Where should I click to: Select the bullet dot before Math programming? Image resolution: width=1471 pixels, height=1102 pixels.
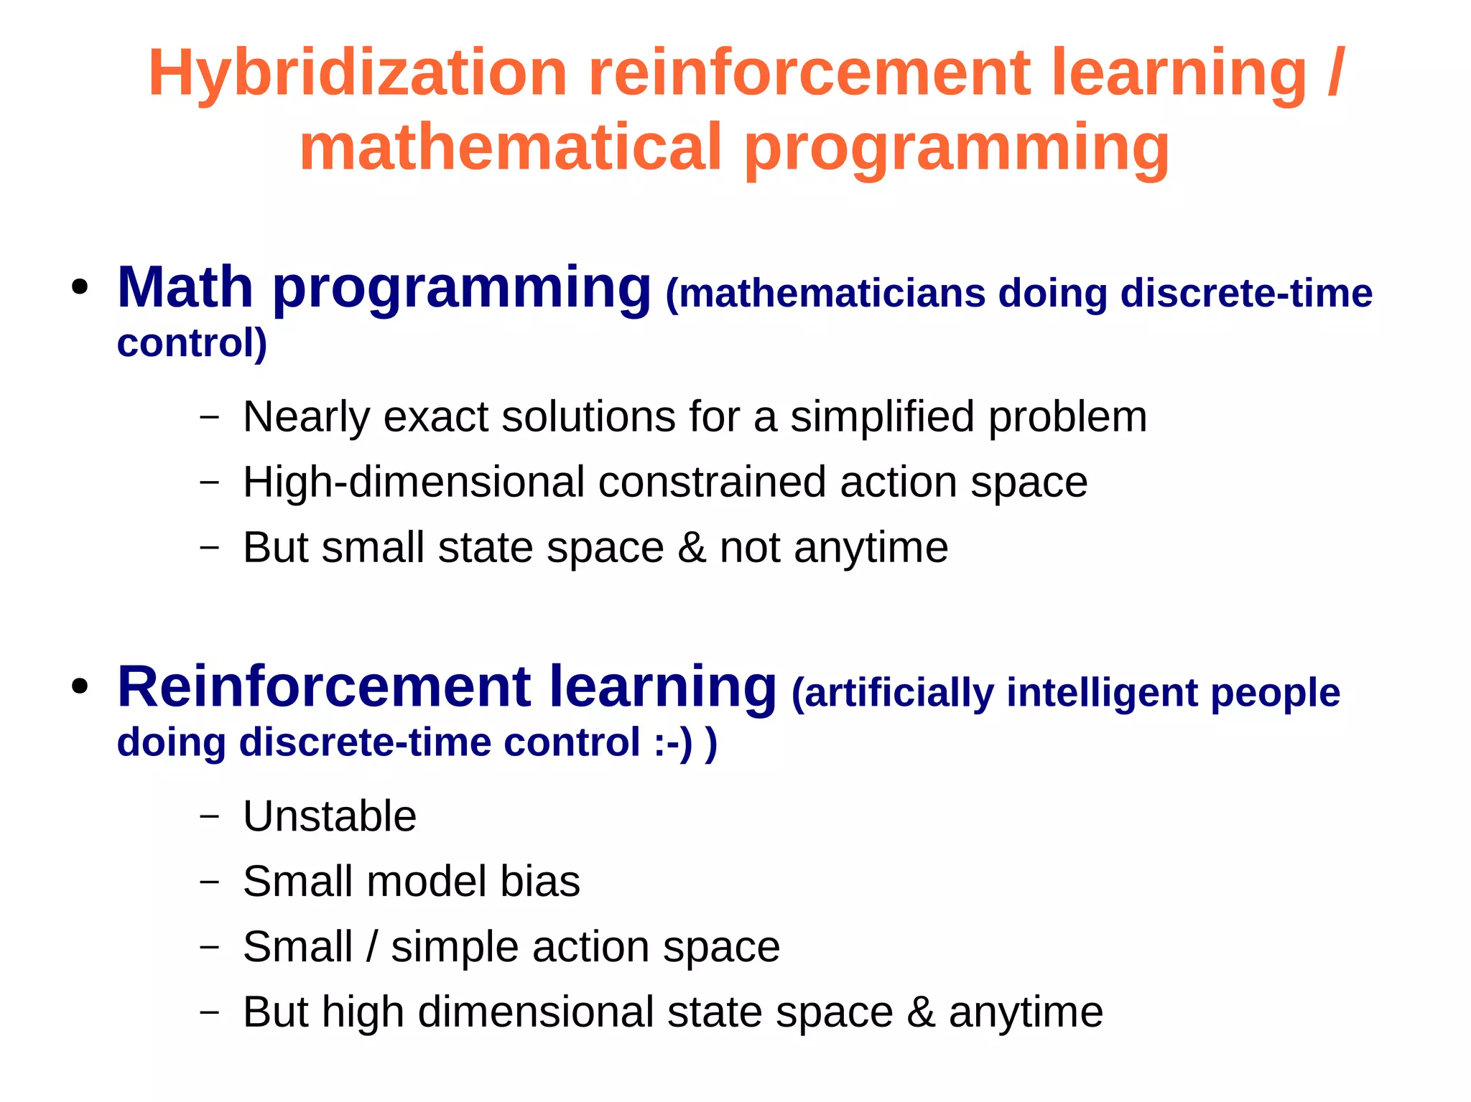pyautogui.click(x=80, y=289)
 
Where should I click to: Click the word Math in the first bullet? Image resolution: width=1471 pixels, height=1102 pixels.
pyautogui.click(x=185, y=287)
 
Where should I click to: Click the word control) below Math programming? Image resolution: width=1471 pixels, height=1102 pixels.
pyautogui.click(x=192, y=342)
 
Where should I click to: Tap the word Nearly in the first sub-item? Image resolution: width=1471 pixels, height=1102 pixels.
pyautogui.click(x=306, y=416)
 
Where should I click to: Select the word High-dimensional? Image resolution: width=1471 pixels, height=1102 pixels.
pyautogui.click(x=414, y=482)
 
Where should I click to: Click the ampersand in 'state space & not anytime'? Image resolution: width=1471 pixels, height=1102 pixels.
pyautogui.click(x=692, y=548)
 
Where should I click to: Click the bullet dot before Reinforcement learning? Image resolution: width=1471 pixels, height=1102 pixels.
pyautogui.click(x=80, y=687)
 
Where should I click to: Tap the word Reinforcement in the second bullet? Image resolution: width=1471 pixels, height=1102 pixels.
pyautogui.click(x=322, y=687)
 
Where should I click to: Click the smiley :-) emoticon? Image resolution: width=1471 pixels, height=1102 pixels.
pyautogui.click(x=674, y=742)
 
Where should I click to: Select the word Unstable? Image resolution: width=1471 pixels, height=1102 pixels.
pyautogui.click(x=330, y=816)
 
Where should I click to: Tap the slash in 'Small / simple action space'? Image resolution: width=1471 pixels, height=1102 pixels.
pyautogui.click(x=371, y=947)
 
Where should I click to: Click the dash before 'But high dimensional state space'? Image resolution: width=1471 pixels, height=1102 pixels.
pyautogui.click(x=209, y=1012)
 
